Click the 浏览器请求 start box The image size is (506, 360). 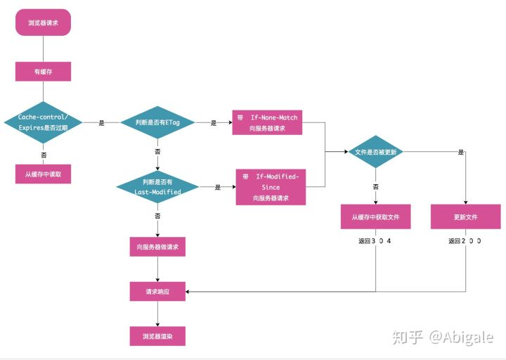(x=43, y=22)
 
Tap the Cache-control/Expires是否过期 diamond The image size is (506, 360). (x=43, y=122)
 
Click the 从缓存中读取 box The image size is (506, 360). (x=43, y=173)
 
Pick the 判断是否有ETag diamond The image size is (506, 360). (x=157, y=122)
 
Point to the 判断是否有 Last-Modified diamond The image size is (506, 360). (x=157, y=187)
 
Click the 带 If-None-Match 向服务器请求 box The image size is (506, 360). (x=266, y=122)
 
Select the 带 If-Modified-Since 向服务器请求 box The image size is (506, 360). (x=271, y=187)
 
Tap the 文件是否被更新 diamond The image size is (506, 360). (x=375, y=153)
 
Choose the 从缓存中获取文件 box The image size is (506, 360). (x=375, y=217)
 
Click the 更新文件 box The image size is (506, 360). (x=465, y=217)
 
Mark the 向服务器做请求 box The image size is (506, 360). (x=157, y=247)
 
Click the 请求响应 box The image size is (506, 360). (x=157, y=291)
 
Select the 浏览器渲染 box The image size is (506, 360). (x=157, y=335)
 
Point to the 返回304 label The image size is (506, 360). (x=375, y=240)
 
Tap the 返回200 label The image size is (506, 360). (x=465, y=240)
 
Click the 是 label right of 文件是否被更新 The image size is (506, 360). (x=461, y=153)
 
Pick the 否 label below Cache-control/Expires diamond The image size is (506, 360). (x=44, y=153)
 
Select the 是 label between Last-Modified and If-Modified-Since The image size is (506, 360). (x=218, y=187)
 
